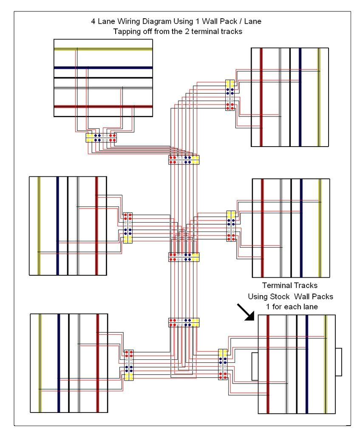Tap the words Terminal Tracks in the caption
pos(289,285)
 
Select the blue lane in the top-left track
pos(103,68)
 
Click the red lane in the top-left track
pos(103,106)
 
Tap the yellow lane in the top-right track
pos(319,97)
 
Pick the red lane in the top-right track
pos(261,97)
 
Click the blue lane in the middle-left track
pos(57,226)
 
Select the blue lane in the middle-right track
pos(301,228)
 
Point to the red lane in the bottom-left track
pos(97,363)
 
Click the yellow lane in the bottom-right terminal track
pos(326,364)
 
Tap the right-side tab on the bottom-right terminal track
pos(338,362)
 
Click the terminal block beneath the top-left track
pos(101,138)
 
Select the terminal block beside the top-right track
pos(230,95)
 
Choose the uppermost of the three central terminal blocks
pos(184,160)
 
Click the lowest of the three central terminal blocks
pos(184,322)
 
